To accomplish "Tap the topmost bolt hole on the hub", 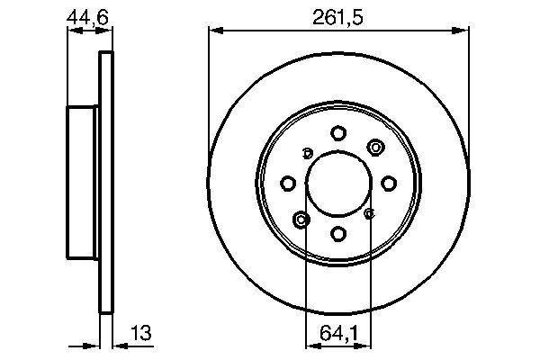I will coord(338,133).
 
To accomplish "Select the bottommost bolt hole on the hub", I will coord(338,234).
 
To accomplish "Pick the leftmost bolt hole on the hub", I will coord(288,184).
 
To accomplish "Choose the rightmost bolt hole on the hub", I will coord(389,184).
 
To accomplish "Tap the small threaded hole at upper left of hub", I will coord(307,151).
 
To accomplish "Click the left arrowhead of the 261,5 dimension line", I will coord(214,31).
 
